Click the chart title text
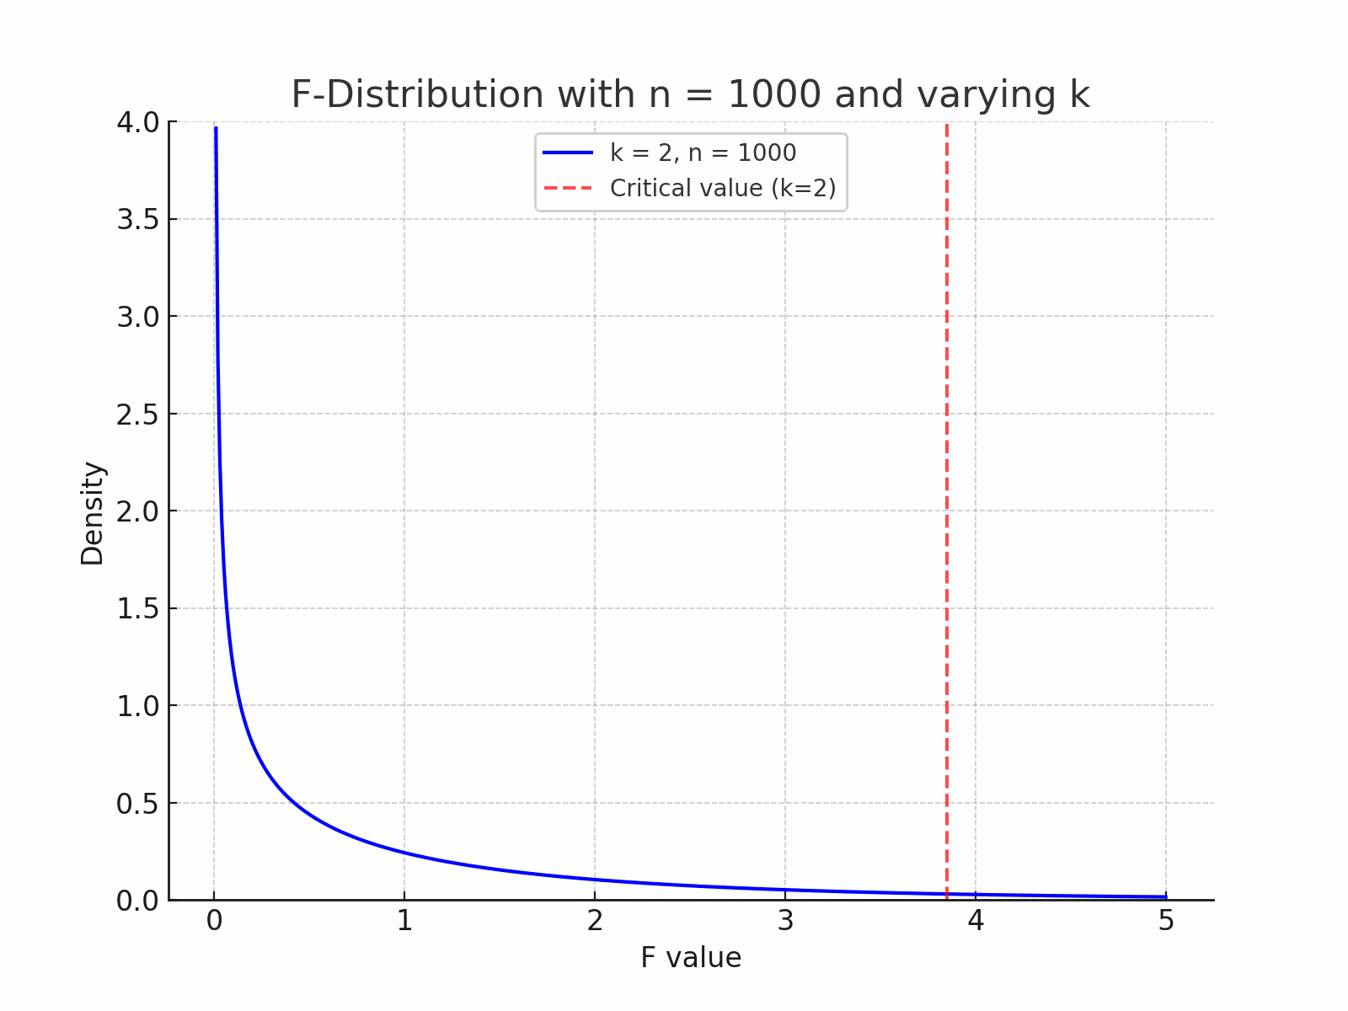690,94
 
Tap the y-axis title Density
92,513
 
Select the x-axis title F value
691,958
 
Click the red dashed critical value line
947,505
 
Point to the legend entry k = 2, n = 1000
703,152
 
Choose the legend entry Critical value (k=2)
723,188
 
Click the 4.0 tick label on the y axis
137,122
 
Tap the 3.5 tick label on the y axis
137,220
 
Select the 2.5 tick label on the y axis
137,415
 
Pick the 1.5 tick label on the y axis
137,609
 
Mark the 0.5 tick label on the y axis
137,804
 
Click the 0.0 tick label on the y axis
137,901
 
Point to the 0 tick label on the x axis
214,922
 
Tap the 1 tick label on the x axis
404,922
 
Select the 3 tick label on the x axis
785,922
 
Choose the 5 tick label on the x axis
1166,922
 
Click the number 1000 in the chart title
773,94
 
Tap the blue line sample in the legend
568,152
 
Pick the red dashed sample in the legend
568,188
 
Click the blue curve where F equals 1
404,853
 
